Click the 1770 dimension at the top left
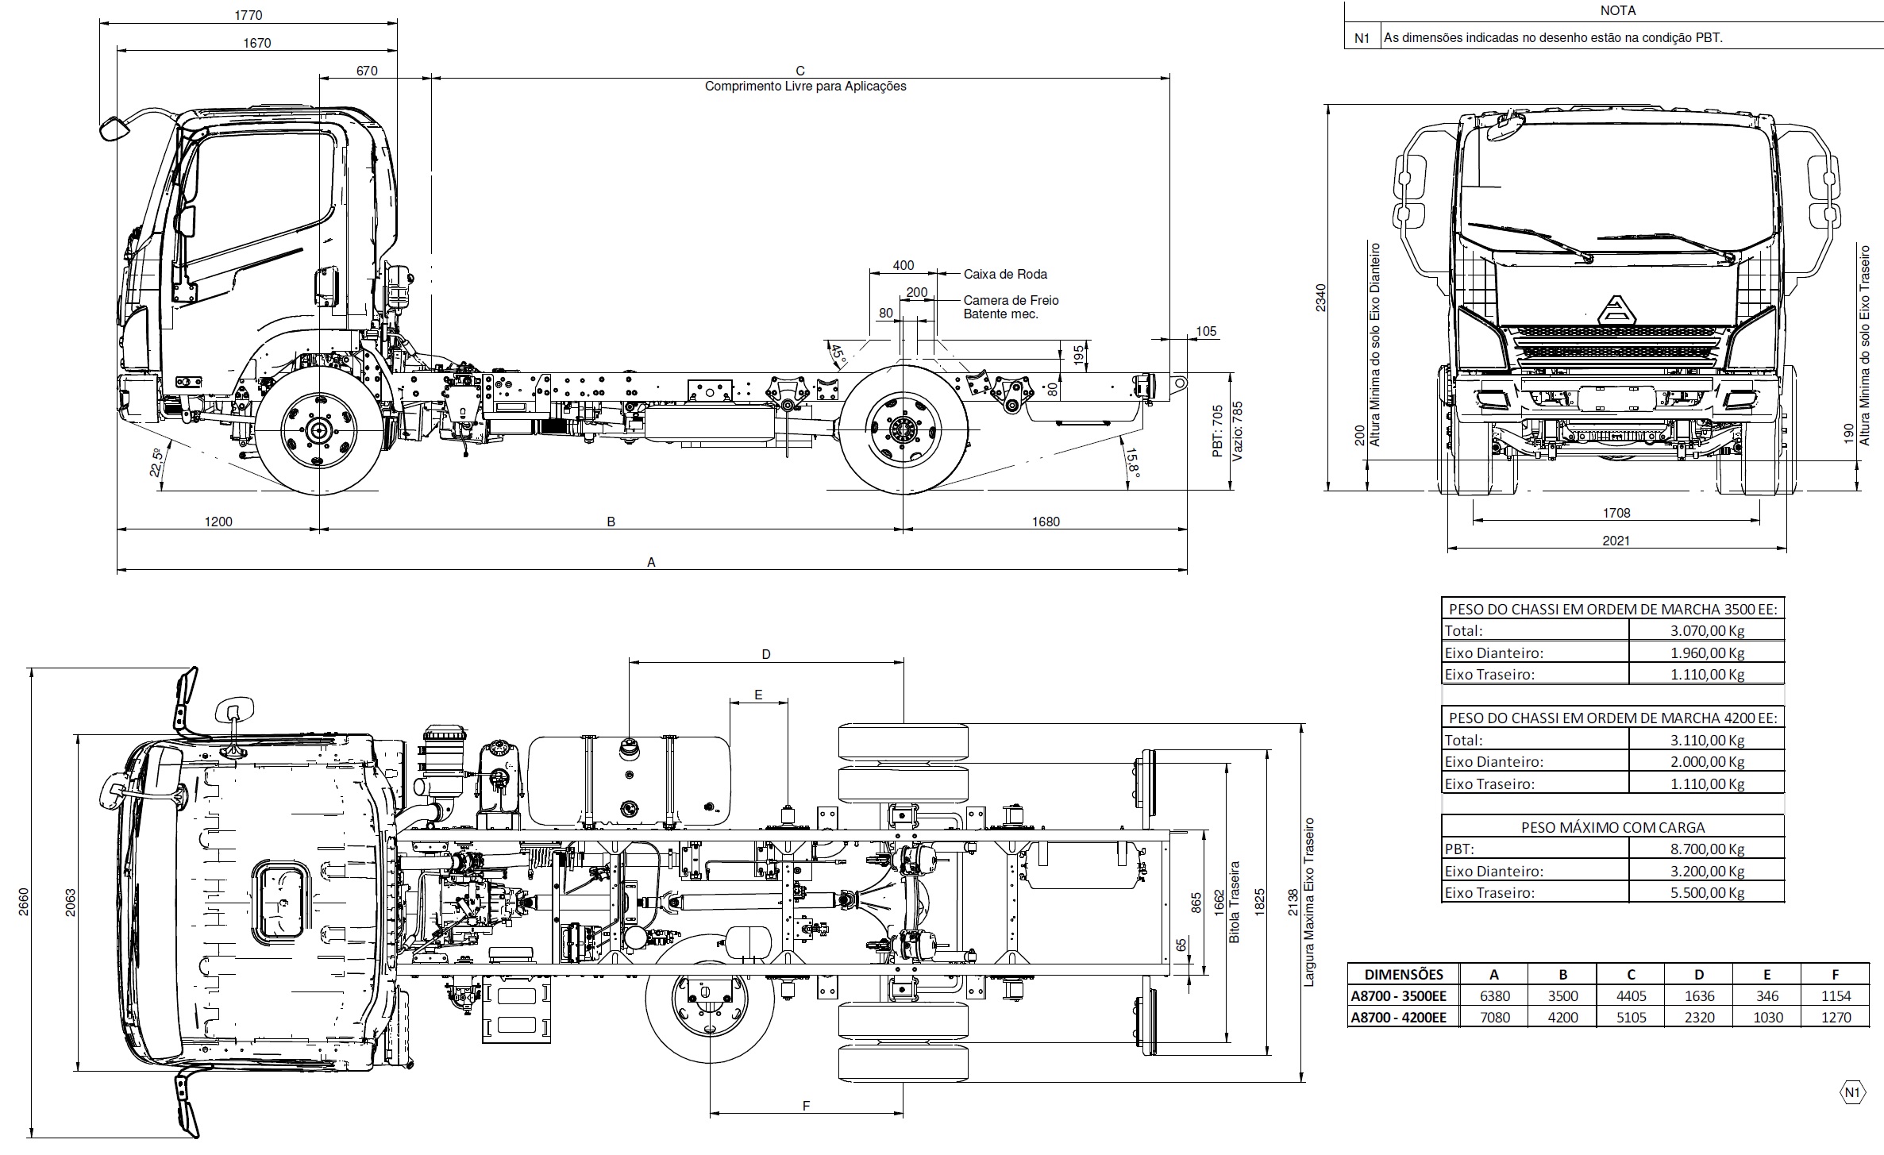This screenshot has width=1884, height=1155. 249,15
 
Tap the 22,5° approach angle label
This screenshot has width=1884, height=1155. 156,463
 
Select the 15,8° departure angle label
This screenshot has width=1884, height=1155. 1131,460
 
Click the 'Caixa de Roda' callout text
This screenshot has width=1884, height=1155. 1005,275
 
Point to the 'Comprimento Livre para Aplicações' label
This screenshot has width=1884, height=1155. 805,87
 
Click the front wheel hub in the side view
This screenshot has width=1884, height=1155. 319,431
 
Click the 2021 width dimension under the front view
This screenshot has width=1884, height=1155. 1616,541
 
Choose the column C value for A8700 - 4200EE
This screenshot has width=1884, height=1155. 1631,1018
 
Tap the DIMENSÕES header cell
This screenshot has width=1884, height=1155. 1404,975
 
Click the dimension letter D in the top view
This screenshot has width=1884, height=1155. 766,655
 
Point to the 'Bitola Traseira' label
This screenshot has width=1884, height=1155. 1235,903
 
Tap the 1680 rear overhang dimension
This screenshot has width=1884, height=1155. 1046,522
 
